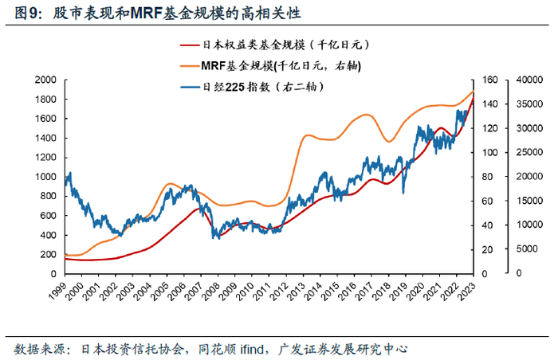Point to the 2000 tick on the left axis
pos(45,80)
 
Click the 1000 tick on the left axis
pos(45,177)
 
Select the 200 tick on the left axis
pos(47,254)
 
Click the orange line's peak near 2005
pos(171,184)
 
